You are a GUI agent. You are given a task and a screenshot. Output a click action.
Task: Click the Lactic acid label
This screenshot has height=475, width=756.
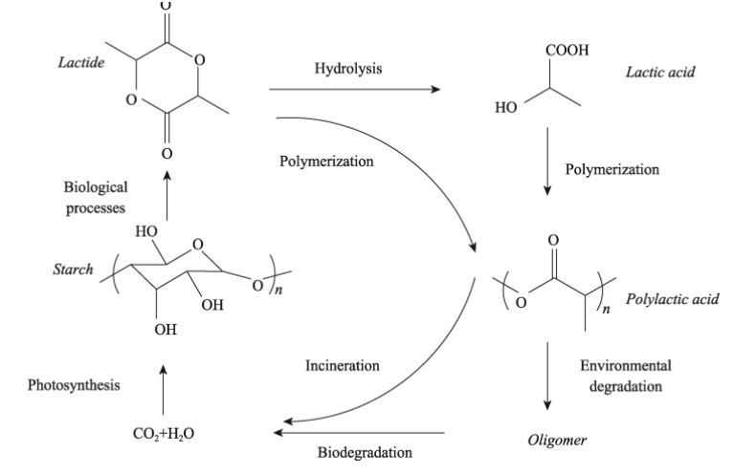point(658,72)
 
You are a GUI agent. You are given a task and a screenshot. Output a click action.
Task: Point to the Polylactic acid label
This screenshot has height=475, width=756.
point(672,299)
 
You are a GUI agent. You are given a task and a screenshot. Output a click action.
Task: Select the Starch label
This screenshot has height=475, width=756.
point(73,270)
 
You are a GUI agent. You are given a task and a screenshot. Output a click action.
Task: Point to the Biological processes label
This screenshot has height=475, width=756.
point(96,198)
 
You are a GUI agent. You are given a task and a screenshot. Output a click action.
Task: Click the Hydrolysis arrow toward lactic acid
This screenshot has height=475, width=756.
point(355,90)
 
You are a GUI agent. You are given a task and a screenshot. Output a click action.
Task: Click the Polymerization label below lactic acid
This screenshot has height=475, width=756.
point(612,169)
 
